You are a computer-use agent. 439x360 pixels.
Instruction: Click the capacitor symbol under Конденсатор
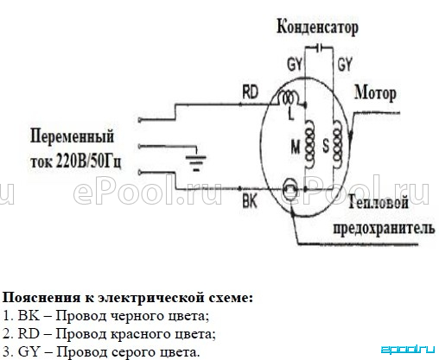(319, 48)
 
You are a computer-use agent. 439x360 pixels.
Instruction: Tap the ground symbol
(196, 163)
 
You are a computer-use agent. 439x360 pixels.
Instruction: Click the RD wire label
(250, 92)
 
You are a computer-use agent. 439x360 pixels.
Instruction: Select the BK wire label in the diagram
(250, 201)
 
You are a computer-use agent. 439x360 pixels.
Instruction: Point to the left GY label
(294, 65)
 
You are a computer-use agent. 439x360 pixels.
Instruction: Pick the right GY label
(345, 65)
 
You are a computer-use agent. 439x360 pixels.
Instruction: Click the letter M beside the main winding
(296, 147)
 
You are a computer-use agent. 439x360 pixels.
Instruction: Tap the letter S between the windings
(326, 146)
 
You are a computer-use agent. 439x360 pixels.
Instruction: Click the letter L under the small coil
(291, 115)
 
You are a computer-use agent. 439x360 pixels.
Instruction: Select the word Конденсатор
(318, 28)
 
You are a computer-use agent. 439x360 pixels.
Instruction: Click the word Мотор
(375, 93)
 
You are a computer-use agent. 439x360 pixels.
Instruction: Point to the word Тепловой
(379, 202)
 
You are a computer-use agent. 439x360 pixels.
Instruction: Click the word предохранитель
(384, 228)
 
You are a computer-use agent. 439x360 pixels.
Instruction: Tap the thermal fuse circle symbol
(290, 189)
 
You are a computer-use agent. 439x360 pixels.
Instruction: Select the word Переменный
(72, 136)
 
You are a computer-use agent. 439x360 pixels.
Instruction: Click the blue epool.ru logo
(408, 350)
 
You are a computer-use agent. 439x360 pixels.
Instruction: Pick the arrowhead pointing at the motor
(351, 137)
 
